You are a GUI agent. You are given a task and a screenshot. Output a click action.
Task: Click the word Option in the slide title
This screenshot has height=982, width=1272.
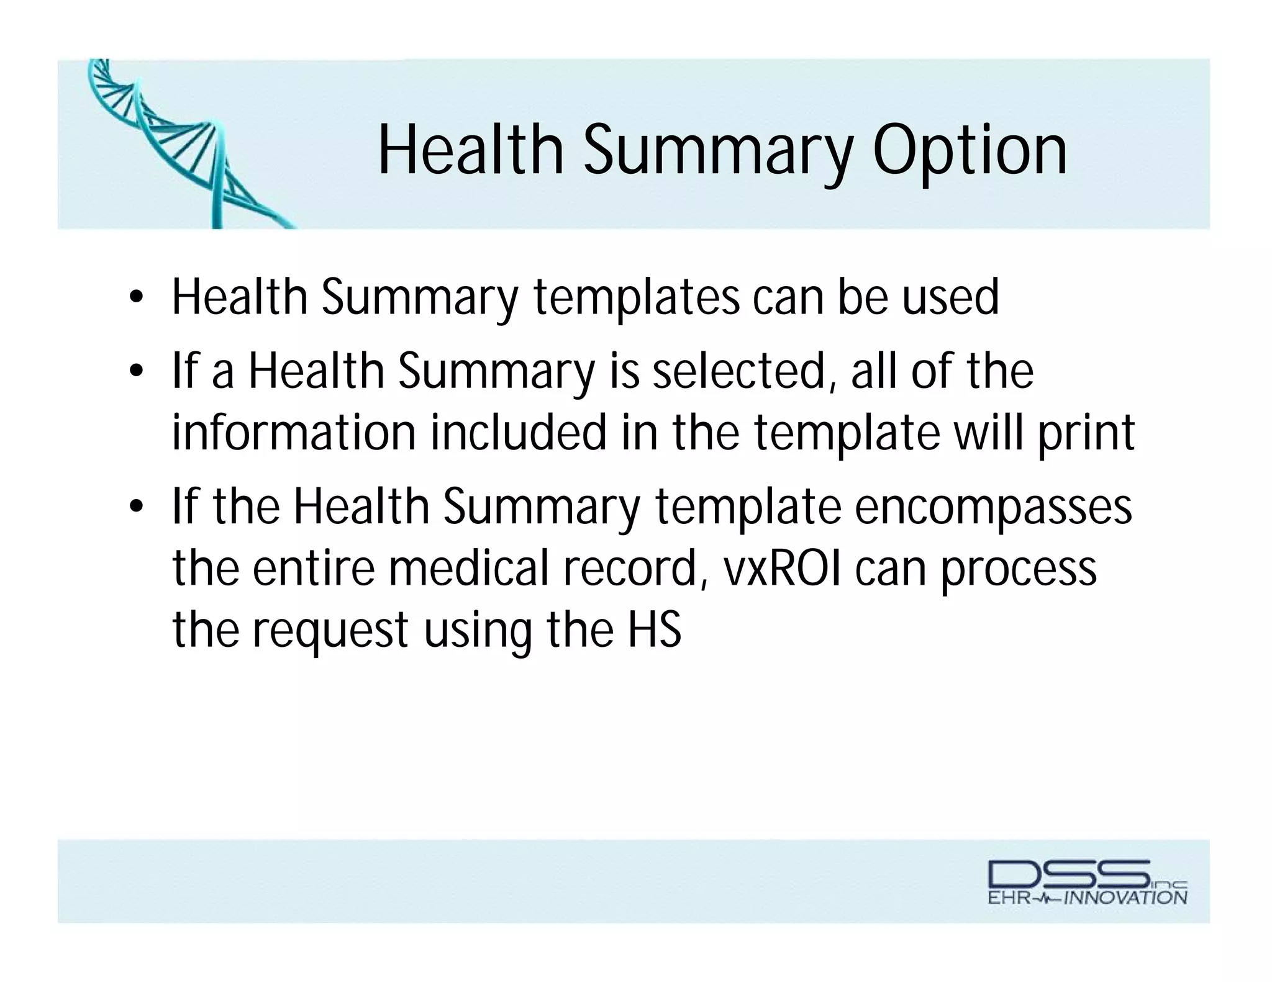(970, 151)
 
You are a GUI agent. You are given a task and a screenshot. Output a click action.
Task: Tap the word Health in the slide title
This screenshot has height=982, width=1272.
(470, 151)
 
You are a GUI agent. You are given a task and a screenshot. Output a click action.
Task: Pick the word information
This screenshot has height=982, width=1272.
(293, 433)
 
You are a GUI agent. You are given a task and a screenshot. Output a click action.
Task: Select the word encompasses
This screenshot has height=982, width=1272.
(993, 507)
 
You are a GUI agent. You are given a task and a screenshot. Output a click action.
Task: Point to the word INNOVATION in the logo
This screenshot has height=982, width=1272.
(1125, 897)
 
